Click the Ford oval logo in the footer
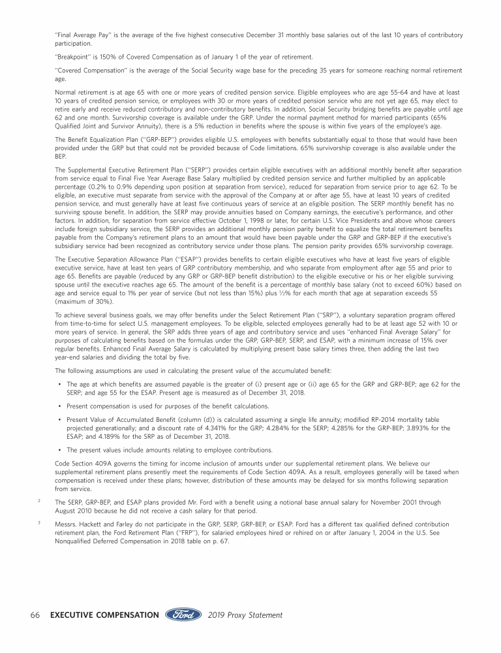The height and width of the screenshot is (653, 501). click(184, 615)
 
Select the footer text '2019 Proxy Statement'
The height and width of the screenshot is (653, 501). click(246, 615)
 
